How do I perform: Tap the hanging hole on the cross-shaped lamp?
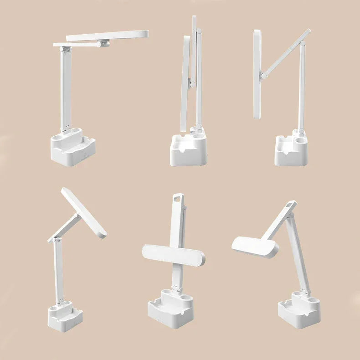(x=176, y=198)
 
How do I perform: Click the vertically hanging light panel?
(x=257, y=75)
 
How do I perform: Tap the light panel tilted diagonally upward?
(x=84, y=212)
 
